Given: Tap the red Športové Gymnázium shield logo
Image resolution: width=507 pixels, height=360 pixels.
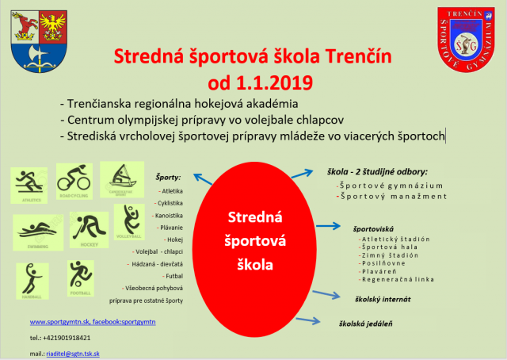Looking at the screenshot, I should coord(471,37).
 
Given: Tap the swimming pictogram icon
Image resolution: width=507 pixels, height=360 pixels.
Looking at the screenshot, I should coord(36,233).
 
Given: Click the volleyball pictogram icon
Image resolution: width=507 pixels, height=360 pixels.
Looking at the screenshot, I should coord(128,222).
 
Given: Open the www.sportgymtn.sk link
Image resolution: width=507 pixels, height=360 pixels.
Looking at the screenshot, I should coord(59,322).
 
